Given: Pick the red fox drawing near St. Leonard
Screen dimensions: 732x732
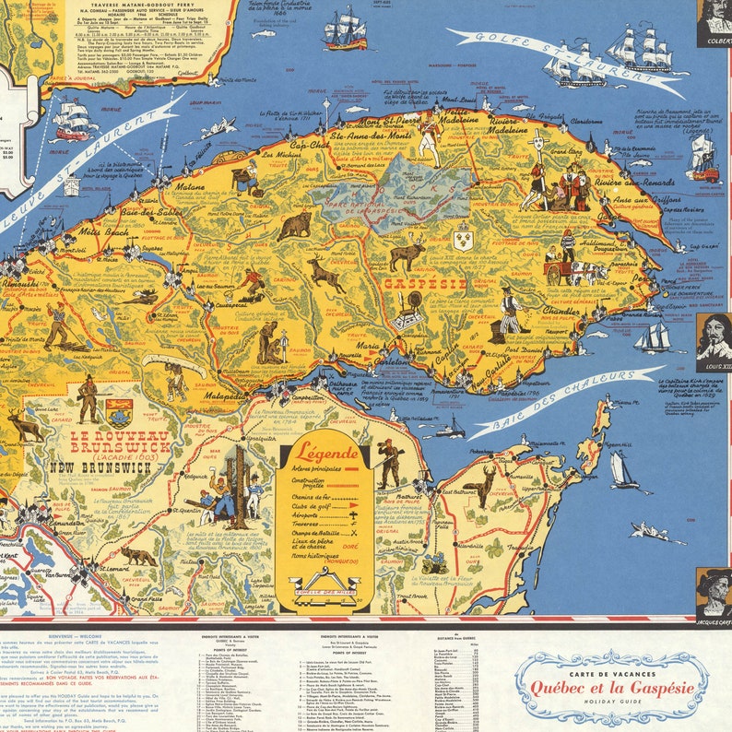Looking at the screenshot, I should pyautogui.click(x=139, y=557).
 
